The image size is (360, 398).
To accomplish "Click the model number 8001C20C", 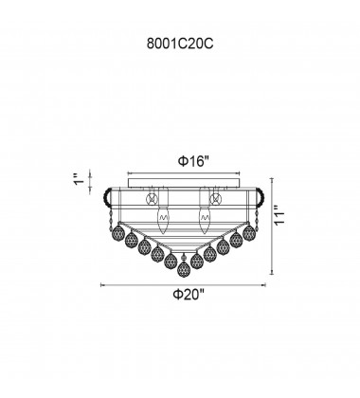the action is (x=180, y=45).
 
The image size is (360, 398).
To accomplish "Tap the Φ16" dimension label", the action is (x=193, y=161).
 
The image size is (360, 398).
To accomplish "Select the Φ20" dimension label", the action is (x=189, y=295).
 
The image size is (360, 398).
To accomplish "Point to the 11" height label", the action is (x=279, y=215).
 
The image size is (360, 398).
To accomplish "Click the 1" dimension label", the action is (x=80, y=179).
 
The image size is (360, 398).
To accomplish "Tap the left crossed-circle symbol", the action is (x=152, y=199).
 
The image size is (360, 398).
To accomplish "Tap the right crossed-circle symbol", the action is (x=216, y=199).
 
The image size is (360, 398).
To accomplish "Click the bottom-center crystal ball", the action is (x=184, y=269).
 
